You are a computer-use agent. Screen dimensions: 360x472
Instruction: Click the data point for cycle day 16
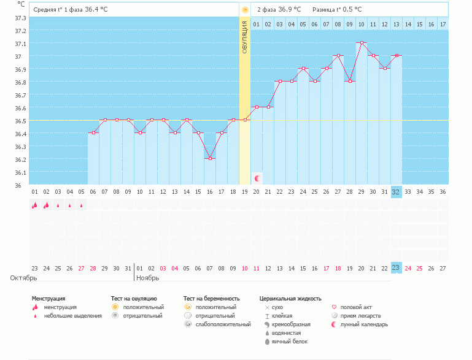(x=210, y=158)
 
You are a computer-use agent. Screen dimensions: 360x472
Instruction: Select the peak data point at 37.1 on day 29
(x=362, y=43)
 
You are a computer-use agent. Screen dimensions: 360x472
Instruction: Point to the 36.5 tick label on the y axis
(x=20, y=121)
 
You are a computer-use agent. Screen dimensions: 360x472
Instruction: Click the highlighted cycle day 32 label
(x=396, y=191)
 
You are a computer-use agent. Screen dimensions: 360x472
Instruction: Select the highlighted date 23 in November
(x=396, y=267)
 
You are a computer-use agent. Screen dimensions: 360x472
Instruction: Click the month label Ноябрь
(x=148, y=278)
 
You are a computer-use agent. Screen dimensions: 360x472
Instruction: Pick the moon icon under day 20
(x=257, y=178)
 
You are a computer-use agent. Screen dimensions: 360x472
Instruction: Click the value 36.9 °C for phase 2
(x=290, y=9)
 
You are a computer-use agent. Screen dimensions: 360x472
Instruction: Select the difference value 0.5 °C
(x=350, y=9)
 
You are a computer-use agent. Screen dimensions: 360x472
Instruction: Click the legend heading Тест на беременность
(x=211, y=299)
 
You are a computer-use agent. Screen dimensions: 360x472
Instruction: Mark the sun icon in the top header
(x=245, y=10)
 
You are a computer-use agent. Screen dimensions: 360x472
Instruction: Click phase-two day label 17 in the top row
(x=443, y=24)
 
